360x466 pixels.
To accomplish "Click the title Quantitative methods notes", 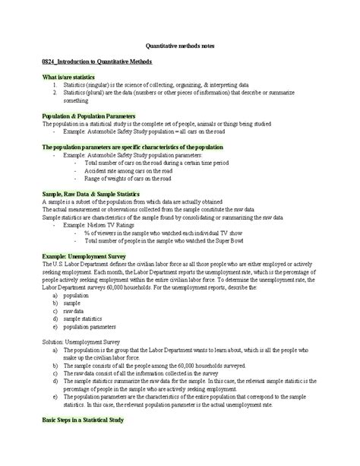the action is pyautogui.click(x=180, y=46).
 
